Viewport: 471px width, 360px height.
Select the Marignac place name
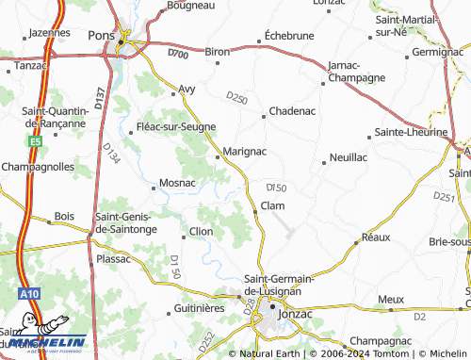tap(244, 151)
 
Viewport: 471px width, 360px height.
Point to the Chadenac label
tap(291, 110)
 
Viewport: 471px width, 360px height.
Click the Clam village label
tap(272, 205)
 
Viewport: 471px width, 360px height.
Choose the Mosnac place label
tap(177, 182)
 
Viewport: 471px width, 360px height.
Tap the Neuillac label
tap(349, 157)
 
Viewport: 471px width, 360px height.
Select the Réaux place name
tap(375, 237)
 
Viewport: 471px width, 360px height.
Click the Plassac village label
tap(113, 256)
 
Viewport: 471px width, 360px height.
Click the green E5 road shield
tap(35, 140)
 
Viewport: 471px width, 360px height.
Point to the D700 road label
tap(179, 54)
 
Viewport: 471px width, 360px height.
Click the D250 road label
tap(235, 96)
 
